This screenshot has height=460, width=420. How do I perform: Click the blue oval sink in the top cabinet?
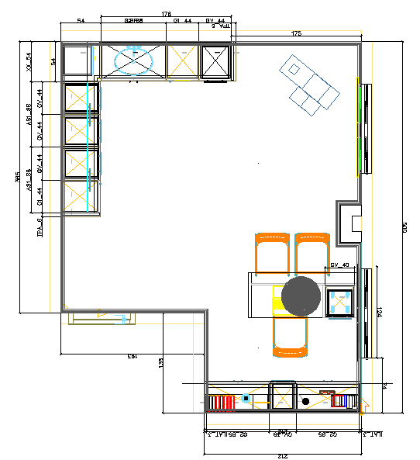134,61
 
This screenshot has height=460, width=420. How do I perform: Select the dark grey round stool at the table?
301,296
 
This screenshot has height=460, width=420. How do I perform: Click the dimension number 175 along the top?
296,33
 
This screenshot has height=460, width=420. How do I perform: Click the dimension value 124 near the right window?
379,312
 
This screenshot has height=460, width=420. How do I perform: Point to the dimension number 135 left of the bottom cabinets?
161,361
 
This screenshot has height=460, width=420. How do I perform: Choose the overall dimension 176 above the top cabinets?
166,14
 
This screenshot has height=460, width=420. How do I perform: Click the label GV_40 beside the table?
340,265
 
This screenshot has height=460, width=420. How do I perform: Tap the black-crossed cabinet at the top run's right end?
216,61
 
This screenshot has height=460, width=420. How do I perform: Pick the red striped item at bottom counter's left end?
224,402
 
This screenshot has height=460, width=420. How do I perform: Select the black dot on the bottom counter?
306,401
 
